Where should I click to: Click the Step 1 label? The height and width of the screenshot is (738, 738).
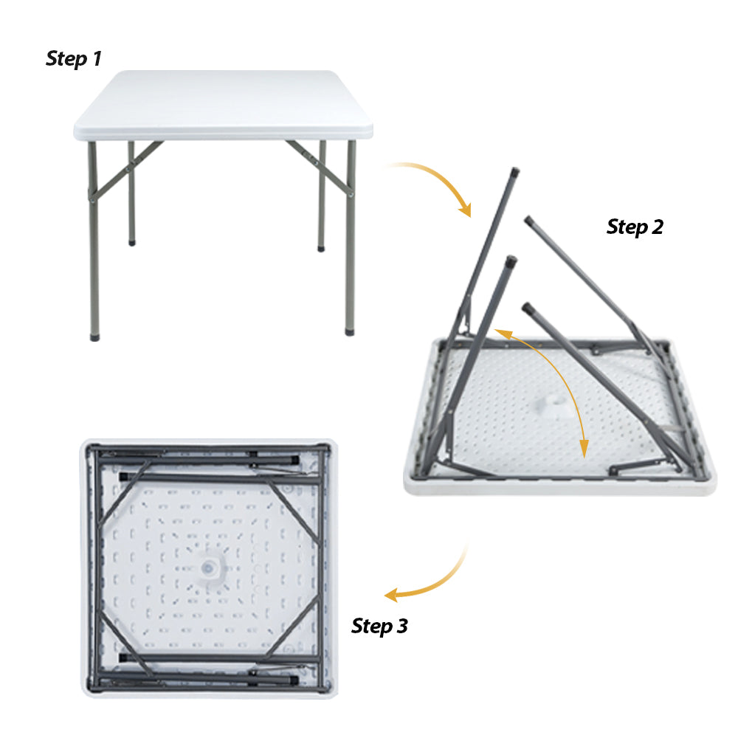73,59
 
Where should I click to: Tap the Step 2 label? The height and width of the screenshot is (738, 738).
635,227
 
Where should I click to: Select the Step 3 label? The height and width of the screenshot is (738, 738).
379,627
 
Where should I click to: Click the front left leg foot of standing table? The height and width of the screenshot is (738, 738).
94,336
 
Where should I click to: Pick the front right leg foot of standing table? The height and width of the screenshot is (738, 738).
350,331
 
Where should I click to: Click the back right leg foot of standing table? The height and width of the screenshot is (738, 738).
322,247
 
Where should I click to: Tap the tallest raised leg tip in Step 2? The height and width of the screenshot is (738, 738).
514,172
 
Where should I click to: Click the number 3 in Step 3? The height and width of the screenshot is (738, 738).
401,627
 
